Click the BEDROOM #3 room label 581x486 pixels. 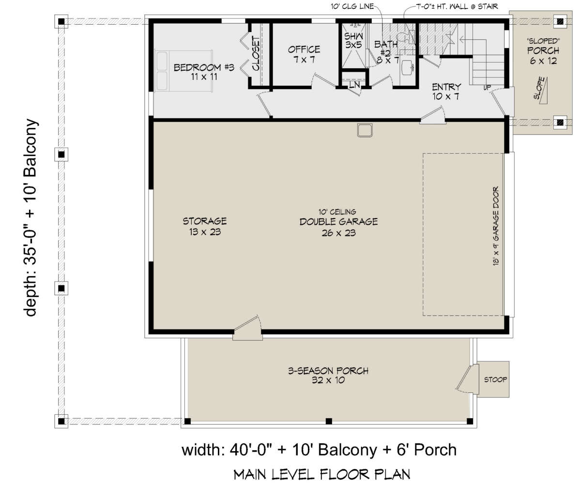[204, 72]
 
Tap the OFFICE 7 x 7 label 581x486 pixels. [304, 54]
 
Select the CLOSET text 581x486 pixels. [256, 53]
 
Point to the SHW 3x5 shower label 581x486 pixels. [353, 40]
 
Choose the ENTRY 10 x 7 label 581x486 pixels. [446, 92]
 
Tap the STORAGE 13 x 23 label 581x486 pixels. [205, 226]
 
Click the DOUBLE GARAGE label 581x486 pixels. [338, 222]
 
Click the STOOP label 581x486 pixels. [495, 379]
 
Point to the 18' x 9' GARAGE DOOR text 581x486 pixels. [496, 226]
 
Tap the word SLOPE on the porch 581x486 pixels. [539, 88]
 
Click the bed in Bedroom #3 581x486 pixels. [183, 71]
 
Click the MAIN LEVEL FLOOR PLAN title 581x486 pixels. [322, 474]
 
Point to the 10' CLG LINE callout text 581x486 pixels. [352, 6]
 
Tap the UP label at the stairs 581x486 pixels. [487, 87]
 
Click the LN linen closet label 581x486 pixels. [354, 84]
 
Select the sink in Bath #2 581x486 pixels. [408, 67]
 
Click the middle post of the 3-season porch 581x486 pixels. [329, 421]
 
